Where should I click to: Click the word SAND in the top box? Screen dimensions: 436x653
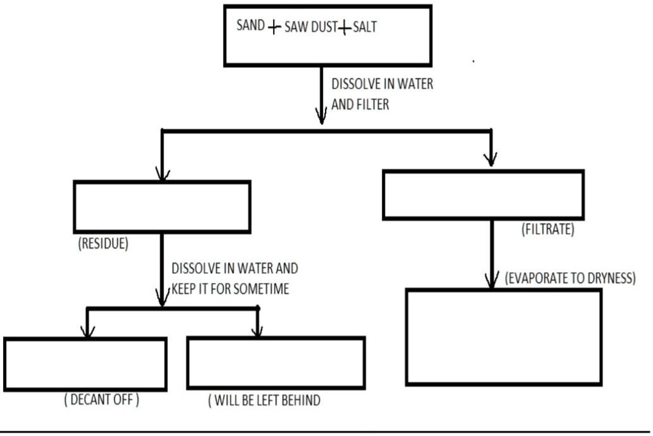251,27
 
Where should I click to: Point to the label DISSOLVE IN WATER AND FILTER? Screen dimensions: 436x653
382,94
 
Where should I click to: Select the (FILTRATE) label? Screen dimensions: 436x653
548,229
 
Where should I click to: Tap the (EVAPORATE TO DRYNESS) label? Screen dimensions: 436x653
570,279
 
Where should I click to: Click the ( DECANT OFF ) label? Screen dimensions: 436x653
101,400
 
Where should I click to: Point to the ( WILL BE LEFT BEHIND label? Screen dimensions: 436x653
264,401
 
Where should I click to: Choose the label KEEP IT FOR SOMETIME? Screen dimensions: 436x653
230,289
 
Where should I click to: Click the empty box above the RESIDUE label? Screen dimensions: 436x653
161,206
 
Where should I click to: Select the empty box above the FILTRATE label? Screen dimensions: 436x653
483,195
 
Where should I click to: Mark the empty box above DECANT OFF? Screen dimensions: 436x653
85,363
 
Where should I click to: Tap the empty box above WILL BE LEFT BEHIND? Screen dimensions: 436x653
276,362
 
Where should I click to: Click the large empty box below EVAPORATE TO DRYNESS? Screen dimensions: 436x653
503,337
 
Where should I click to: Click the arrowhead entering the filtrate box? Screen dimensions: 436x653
491,159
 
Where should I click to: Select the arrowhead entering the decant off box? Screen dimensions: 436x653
85,331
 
